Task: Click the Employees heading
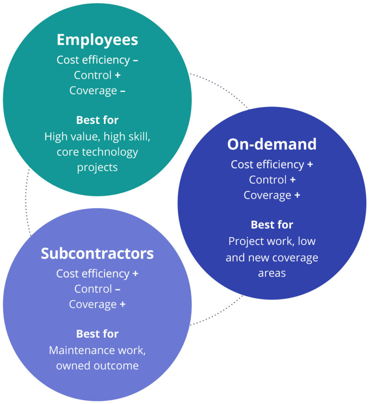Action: coord(97,40)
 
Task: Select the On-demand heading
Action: coord(272,144)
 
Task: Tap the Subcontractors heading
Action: coord(97,254)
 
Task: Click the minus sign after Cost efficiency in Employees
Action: coord(135,60)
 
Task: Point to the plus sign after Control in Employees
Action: coord(117,75)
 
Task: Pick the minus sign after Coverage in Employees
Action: coord(123,90)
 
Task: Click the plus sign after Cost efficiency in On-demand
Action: coord(310,165)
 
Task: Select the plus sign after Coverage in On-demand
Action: coord(297,195)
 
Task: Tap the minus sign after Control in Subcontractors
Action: coord(117,289)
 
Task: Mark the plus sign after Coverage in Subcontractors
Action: coord(123,304)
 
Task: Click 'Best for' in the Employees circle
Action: coord(97,120)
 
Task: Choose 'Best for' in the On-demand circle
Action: coord(272,225)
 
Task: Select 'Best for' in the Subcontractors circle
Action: coord(97,334)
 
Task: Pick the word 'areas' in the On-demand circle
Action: coord(272,273)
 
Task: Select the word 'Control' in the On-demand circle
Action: coord(268,180)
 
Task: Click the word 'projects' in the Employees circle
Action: coord(97,167)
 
